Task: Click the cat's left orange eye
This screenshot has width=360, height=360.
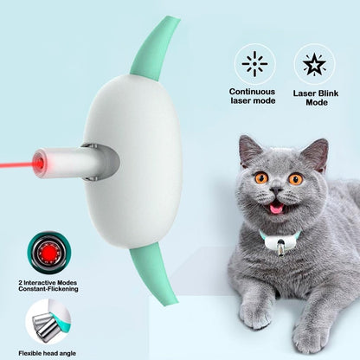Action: tap(260, 178)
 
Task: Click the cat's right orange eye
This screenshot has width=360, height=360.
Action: tap(295, 179)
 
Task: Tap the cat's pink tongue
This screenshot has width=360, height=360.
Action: tap(278, 209)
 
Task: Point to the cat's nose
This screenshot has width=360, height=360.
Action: tap(278, 195)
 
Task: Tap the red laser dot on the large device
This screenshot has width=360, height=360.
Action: tap(38, 162)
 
